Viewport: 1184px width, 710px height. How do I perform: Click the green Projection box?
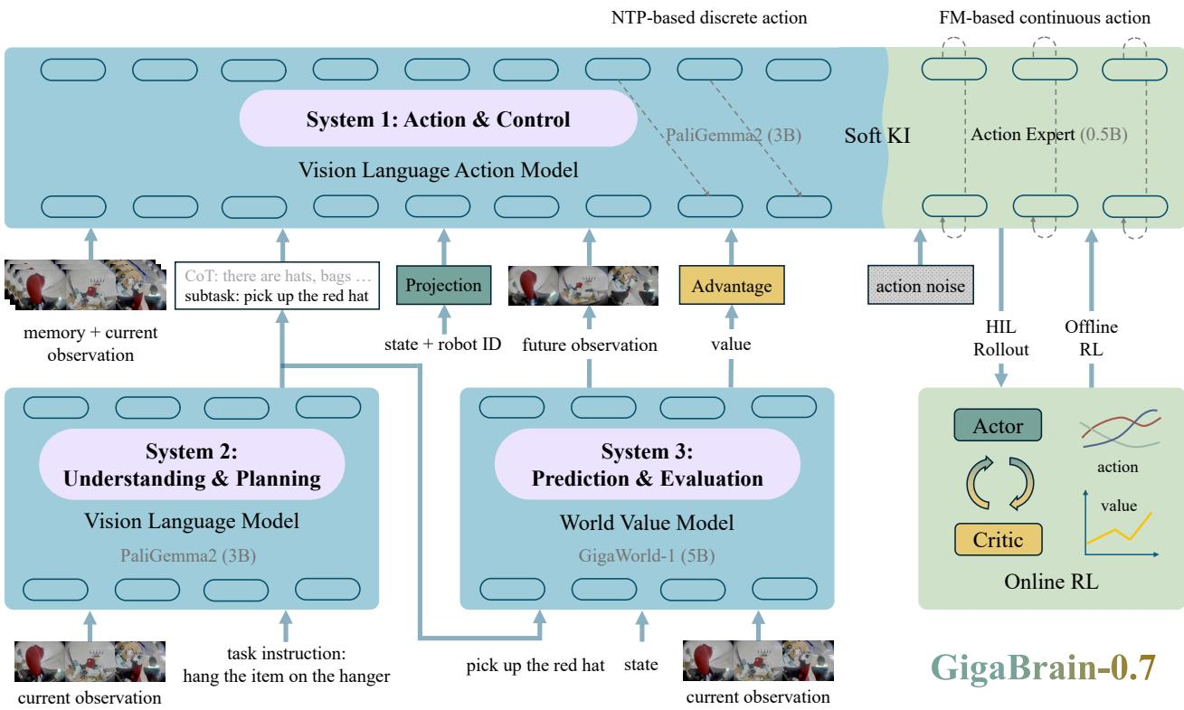click(443, 285)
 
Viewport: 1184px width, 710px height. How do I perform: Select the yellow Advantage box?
click(732, 286)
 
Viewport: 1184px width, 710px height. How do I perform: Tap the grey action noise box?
click(920, 286)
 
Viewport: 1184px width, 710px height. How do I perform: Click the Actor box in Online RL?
click(998, 425)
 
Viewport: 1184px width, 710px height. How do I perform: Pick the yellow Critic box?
click(998, 539)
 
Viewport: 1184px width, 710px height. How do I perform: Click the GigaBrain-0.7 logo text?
click(1043, 667)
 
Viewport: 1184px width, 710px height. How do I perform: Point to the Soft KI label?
click(877, 136)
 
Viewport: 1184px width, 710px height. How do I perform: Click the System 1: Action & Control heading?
click(438, 119)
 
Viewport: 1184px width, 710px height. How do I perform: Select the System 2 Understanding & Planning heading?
click(192, 465)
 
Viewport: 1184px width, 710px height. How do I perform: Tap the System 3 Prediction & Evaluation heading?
click(648, 465)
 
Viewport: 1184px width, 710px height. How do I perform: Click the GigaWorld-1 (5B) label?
click(647, 555)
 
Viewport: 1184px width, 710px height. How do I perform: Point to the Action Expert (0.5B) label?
click(1049, 134)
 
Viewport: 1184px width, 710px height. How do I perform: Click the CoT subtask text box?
click(277, 286)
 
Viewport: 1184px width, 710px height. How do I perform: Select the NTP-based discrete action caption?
click(709, 17)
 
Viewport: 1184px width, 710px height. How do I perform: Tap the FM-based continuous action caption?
click(1045, 17)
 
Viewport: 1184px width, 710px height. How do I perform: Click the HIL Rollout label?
click(1001, 338)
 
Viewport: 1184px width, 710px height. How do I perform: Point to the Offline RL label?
click(1091, 338)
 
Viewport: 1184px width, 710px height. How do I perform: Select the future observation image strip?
click(583, 286)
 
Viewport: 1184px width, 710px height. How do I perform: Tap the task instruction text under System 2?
click(287, 665)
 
